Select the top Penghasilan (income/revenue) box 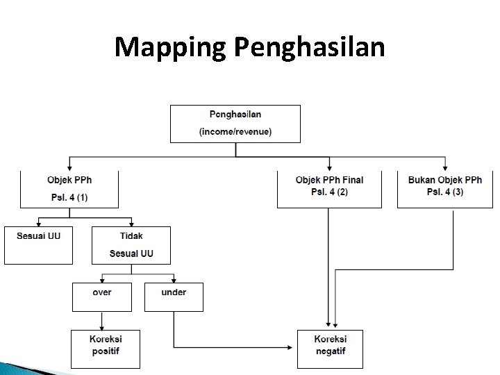pos(235,124)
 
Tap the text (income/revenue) pos(235,131)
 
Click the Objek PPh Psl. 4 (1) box pos(69,188)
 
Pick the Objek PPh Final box pos(329,188)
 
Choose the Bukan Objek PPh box pos(444,188)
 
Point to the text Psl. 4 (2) pos(329,192)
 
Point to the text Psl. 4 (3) pos(445,192)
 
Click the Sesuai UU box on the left pos(38,244)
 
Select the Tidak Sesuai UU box pos(131,244)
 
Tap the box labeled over pos(102,297)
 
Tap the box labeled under pos(174,297)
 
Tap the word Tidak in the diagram pos(131,236)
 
